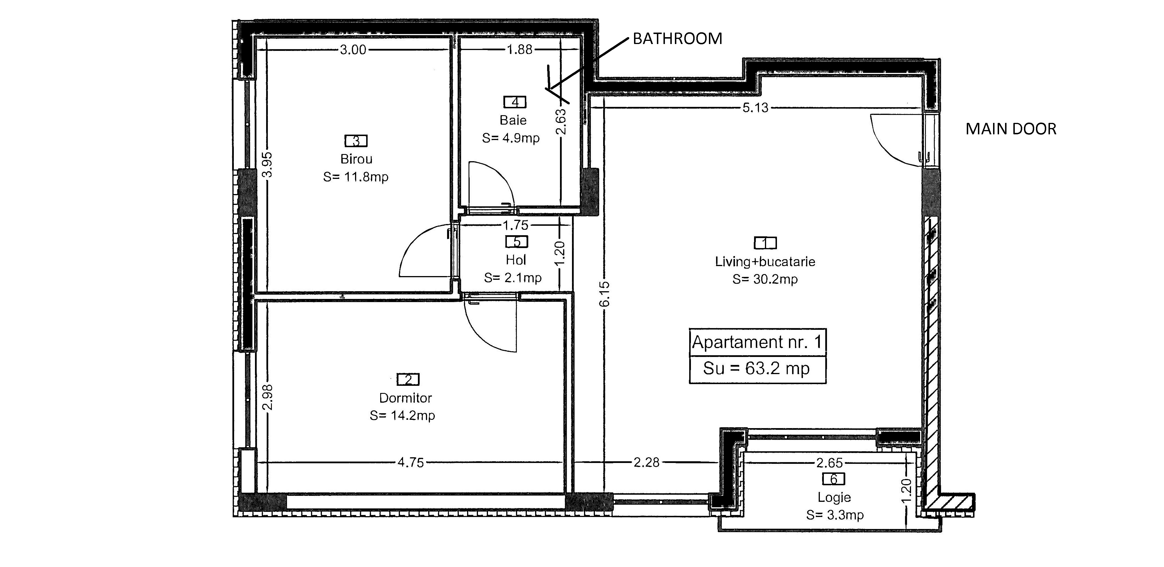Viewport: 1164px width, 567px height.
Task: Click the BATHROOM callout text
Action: click(x=677, y=39)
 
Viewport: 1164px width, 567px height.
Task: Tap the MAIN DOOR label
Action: click(x=1011, y=129)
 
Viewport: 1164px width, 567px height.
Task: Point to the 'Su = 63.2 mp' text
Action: click(x=756, y=369)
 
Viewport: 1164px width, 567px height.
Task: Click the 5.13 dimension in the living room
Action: click(x=756, y=108)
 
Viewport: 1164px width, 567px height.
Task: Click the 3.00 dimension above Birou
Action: click(x=353, y=50)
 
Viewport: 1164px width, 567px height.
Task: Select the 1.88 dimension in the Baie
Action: click(x=520, y=50)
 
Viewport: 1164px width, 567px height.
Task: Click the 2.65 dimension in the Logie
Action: click(x=830, y=463)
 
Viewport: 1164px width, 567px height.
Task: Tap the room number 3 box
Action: click(x=356, y=141)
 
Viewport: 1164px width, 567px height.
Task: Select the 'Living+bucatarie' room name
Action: click(x=765, y=261)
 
